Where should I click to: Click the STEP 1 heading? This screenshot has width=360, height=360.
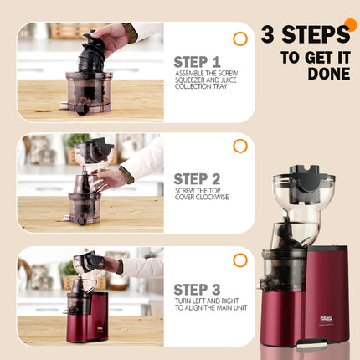[x=197, y=61]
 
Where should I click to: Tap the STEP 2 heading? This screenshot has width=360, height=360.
[x=198, y=178]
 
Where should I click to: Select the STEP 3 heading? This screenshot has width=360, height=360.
[x=198, y=289]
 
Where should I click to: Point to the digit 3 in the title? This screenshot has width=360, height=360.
[x=268, y=35]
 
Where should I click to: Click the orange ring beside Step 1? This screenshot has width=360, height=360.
[x=240, y=39]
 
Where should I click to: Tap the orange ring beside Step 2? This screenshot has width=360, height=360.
[x=240, y=146]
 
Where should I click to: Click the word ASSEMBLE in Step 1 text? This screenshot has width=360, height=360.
[x=190, y=73]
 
